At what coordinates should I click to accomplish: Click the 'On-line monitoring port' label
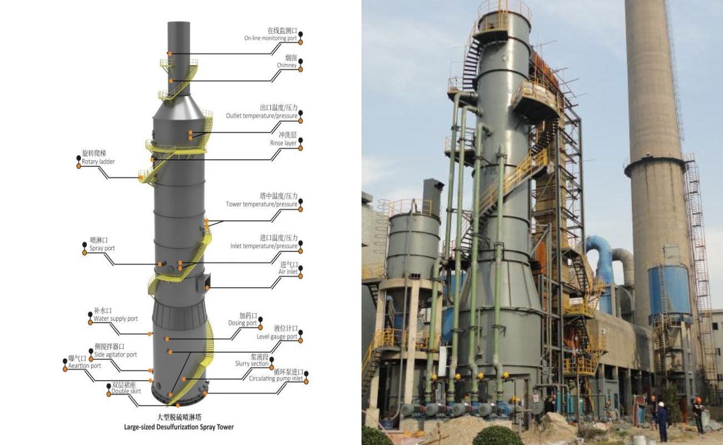point(270,38)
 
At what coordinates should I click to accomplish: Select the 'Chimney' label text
point(286,66)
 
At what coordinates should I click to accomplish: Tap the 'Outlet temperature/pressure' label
point(261,116)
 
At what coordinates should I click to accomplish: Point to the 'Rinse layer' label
point(283,143)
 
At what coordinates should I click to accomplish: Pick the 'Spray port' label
point(102,248)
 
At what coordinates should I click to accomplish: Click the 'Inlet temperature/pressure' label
point(264,246)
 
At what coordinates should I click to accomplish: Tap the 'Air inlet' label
point(289,272)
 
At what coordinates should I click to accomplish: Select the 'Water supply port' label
point(116,319)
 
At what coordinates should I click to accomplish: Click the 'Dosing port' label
point(242,323)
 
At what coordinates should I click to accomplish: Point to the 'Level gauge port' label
point(276,337)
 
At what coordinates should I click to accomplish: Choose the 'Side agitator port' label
point(115,354)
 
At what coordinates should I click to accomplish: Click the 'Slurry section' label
point(251,364)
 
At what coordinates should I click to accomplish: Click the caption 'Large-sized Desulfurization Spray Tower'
point(179,427)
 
